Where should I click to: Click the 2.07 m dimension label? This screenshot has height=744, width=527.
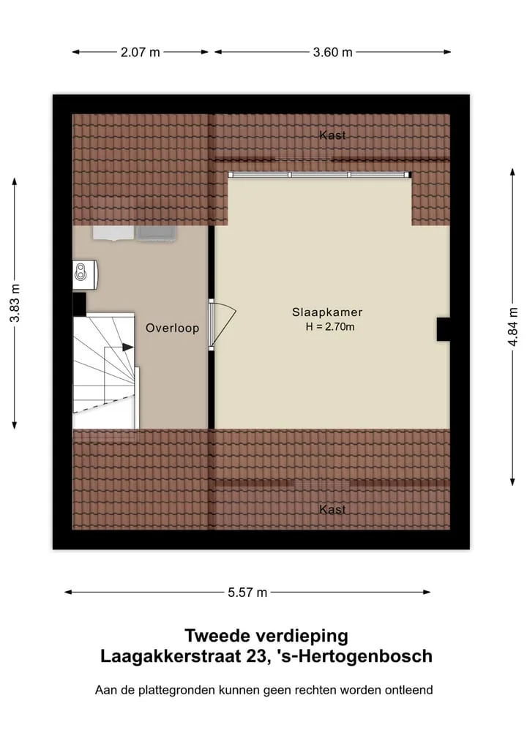click(x=140, y=52)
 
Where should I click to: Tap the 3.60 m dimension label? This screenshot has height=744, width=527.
click(x=332, y=52)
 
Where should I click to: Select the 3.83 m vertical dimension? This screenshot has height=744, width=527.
click(x=15, y=303)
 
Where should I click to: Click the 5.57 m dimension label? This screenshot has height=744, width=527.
click(x=247, y=592)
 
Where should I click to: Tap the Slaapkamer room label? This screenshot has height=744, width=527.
click(x=327, y=312)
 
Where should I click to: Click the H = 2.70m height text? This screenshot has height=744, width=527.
click(x=330, y=327)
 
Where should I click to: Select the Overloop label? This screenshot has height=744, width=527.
click(x=172, y=328)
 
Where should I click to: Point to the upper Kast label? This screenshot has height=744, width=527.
click(x=332, y=135)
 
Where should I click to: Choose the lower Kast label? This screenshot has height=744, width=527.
click(x=332, y=510)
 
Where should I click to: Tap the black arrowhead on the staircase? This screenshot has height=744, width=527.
click(x=127, y=347)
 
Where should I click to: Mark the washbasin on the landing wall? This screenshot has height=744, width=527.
click(x=85, y=274)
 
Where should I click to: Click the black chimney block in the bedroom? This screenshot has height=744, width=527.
click(x=443, y=329)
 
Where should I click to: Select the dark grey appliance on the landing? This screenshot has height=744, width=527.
click(x=156, y=233)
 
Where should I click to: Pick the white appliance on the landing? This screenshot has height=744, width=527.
click(x=113, y=233)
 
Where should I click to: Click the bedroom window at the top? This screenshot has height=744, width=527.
click(x=320, y=175)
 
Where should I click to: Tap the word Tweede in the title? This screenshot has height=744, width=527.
click(x=216, y=635)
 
